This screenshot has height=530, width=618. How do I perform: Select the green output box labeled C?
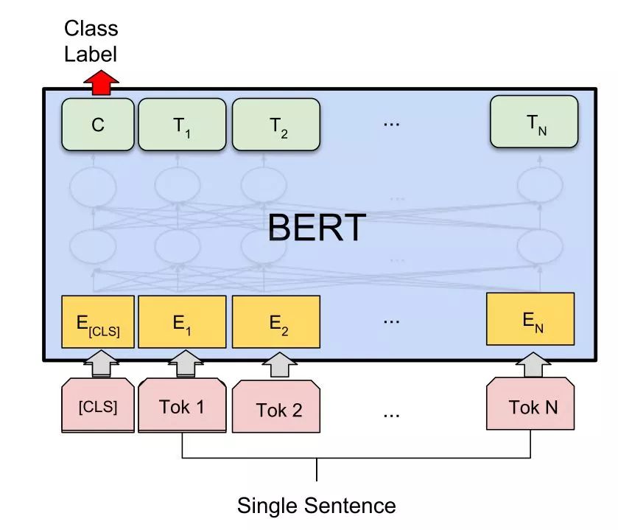coord(98,124)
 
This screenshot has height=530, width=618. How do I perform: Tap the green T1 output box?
coord(181,124)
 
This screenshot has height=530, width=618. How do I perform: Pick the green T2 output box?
coord(275,124)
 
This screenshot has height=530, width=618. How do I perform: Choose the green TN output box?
coord(535,122)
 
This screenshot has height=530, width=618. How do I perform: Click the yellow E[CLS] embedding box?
coord(98,322)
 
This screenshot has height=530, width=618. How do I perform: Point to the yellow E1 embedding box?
coord(181,322)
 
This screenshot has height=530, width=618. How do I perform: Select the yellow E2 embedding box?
coord(275,322)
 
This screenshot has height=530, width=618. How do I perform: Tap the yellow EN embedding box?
coord(530,318)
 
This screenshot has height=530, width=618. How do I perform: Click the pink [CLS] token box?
coord(98,405)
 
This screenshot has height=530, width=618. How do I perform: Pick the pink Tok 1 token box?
coord(181,405)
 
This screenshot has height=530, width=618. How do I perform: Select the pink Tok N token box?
coord(531,405)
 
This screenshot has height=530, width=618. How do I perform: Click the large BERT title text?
coord(316,228)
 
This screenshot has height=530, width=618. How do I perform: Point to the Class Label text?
coord(91,41)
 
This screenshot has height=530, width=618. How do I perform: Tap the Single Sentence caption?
coord(316,506)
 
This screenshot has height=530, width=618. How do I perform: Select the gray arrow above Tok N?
coord(533,362)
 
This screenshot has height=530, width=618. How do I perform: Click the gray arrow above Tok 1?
coord(181,362)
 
